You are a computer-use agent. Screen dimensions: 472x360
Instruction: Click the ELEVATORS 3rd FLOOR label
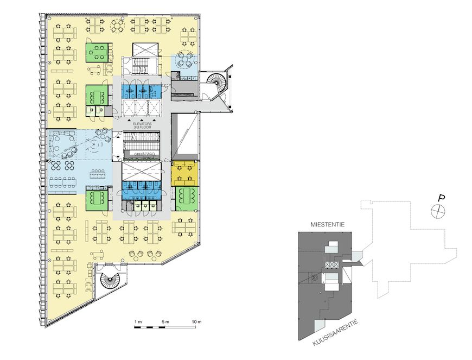coord(142,125)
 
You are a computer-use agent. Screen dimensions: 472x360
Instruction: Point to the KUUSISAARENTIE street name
coord(336,333)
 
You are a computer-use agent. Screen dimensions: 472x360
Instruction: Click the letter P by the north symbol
coord(442,198)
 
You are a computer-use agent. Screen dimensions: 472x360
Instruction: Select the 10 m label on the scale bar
coord(196,322)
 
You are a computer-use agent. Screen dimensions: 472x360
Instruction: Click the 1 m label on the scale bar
coord(138,322)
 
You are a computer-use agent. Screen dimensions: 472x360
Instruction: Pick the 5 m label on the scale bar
coord(165,322)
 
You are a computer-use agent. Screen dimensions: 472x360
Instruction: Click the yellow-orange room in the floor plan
coord(184,173)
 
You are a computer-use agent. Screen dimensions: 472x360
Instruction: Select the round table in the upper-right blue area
coord(184,60)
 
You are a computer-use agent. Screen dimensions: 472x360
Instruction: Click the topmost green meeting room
coord(97,53)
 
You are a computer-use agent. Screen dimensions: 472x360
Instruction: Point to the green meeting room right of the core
coord(187,199)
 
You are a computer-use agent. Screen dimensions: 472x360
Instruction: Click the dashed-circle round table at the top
coord(117,26)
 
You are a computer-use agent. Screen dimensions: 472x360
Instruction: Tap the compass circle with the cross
coord(438,211)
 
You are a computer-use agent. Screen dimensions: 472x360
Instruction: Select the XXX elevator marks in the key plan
coord(331,264)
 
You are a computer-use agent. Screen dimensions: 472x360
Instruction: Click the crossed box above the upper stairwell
coord(145,49)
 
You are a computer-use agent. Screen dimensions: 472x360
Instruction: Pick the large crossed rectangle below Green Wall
coord(142,171)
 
